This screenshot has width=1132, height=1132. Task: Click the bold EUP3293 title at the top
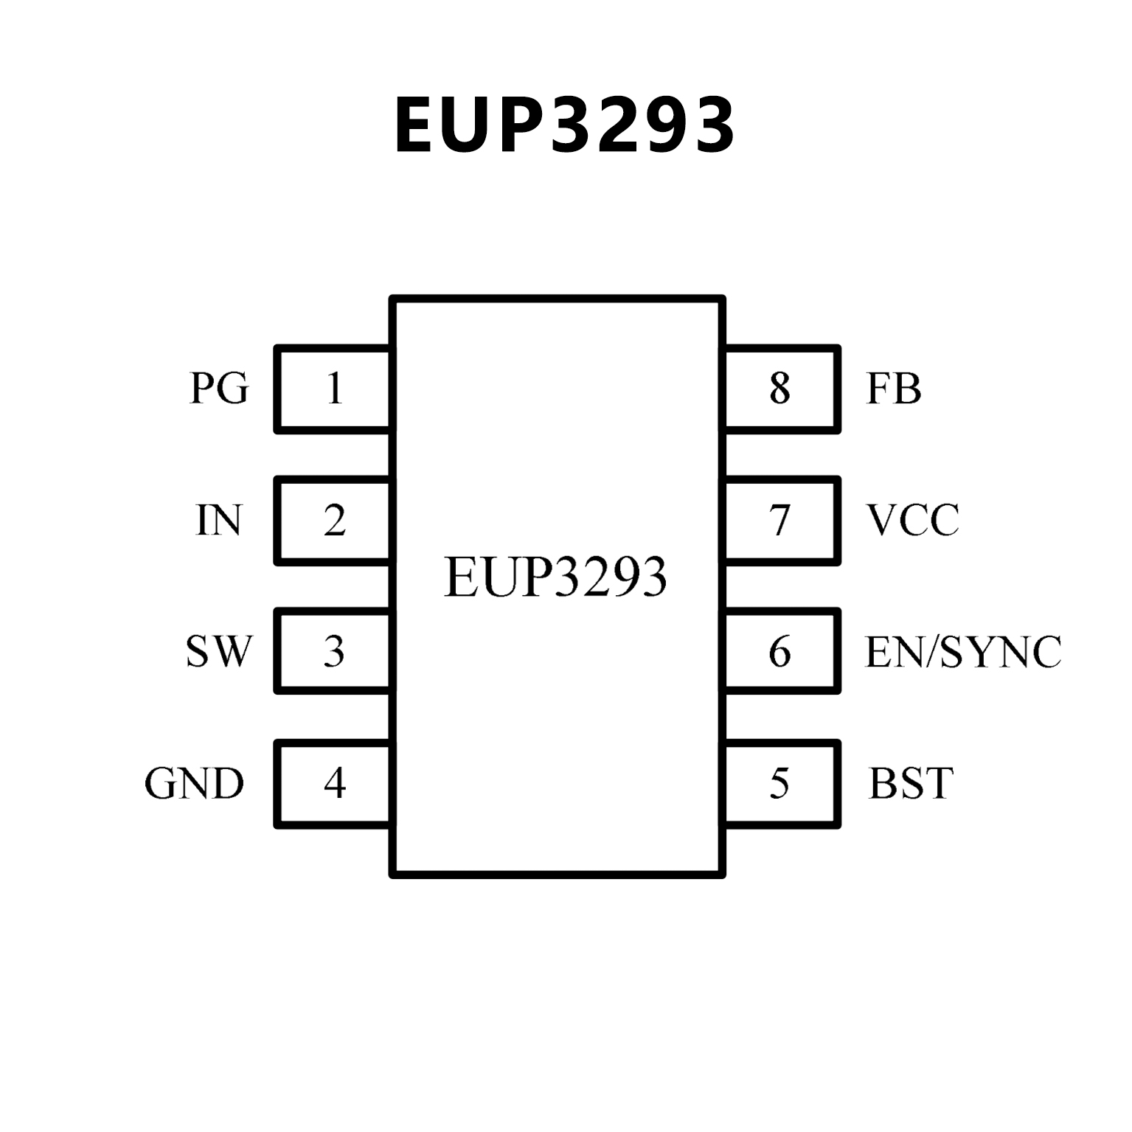[565, 125]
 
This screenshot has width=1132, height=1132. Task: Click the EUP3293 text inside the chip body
[555, 577]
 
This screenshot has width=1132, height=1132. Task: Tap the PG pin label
[219, 388]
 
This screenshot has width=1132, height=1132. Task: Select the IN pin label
[219, 520]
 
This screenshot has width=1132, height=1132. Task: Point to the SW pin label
[218, 651]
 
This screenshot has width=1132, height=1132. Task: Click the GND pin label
[194, 783]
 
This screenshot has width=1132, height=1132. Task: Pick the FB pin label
[893, 388]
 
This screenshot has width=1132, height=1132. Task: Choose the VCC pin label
[913, 520]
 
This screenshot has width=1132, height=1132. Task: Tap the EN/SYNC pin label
[962, 651]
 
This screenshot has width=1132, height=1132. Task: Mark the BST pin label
[911, 783]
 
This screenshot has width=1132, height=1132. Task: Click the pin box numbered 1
[334, 389]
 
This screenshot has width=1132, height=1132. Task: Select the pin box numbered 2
[334, 521]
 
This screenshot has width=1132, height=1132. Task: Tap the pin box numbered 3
[334, 652]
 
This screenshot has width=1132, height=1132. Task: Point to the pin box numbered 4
[334, 784]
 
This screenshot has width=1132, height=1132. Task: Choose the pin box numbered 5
[781, 784]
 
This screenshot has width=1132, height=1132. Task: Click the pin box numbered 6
[781, 652]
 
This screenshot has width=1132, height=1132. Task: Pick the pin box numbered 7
[781, 521]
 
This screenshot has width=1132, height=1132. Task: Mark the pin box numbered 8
[781, 389]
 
